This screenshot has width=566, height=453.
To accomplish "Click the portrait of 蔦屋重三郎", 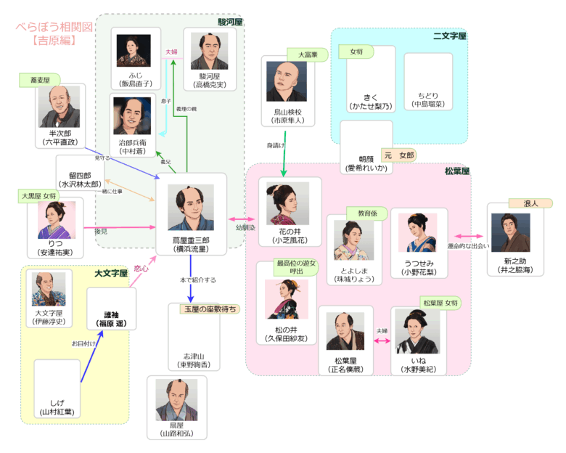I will point(191,207).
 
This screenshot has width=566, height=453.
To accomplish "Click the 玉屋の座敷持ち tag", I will point(210,309).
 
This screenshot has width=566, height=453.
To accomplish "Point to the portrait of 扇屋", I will point(176,401).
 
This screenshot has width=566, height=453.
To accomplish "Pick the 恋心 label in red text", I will point(141,269).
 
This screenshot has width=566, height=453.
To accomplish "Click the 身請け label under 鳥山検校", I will point(276,146).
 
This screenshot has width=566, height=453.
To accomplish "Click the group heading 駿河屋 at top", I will point(229,22).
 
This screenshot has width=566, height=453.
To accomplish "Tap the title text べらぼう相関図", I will point(55,27).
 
